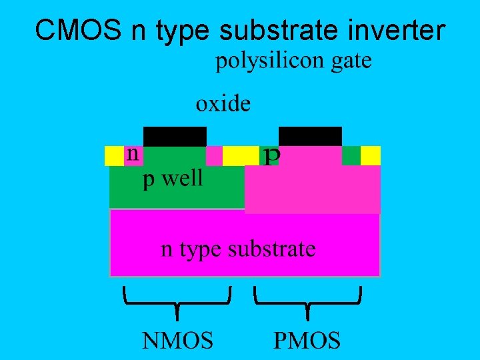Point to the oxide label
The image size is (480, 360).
click(x=223, y=104)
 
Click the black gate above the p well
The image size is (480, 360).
click(x=175, y=136)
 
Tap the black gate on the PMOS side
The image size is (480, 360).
click(x=310, y=136)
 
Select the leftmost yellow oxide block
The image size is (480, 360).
click(x=114, y=155)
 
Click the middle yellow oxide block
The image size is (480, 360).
click(x=240, y=155)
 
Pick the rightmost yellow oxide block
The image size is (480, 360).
click(x=371, y=155)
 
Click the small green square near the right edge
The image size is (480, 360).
click(x=351, y=155)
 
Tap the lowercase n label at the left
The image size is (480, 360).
click(x=133, y=154)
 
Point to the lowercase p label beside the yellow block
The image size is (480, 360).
click(x=271, y=156)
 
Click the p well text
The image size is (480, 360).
click(x=173, y=179)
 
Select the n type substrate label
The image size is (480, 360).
click(x=238, y=249)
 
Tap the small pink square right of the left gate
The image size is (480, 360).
click(x=214, y=155)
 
